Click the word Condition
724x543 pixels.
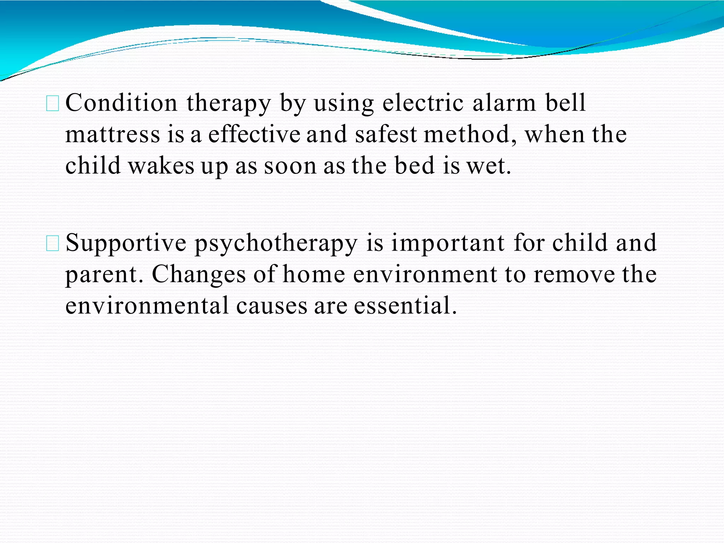coord(121,103)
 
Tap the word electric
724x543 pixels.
coord(423,103)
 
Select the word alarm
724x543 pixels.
coord(504,103)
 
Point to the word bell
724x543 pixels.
coord(566,103)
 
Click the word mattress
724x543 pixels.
coord(113,135)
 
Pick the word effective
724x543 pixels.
coord(254,135)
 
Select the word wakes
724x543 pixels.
coord(161,166)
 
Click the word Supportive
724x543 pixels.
coord(126,243)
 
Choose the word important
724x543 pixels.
coord(448,243)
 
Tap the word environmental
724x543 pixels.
coord(147,305)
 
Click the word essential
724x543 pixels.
coord(405,305)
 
